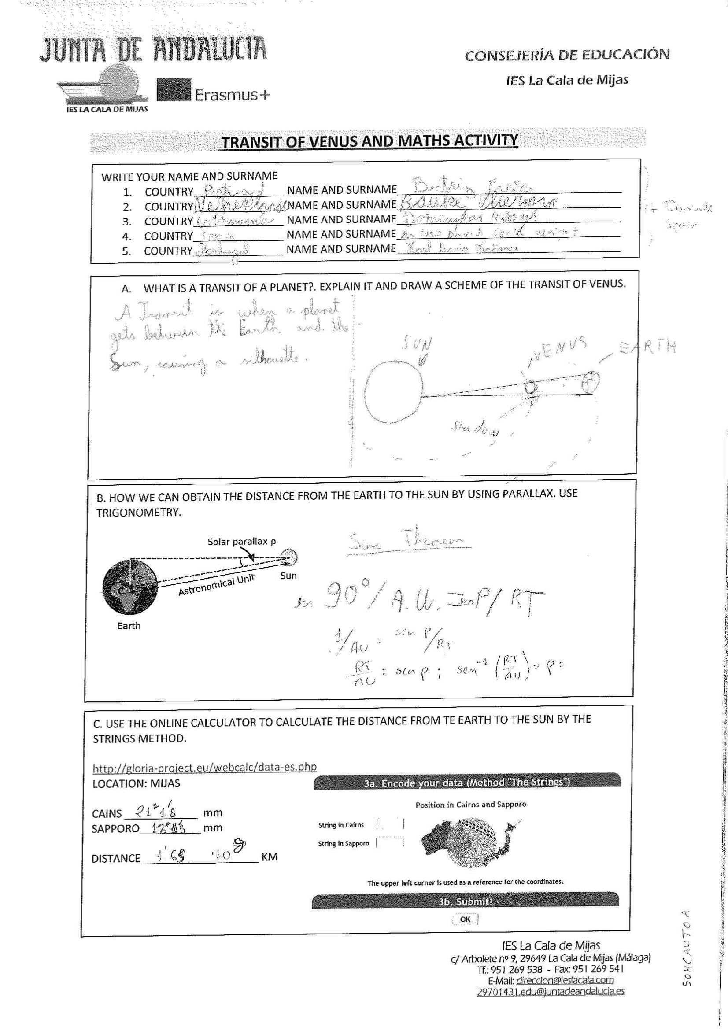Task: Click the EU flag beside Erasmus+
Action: click(174, 90)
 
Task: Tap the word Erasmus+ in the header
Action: click(233, 95)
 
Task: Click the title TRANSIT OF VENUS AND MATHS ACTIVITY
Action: click(370, 141)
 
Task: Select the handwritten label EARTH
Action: click(647, 347)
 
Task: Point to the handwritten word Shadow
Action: click(474, 428)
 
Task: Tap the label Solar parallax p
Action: click(241, 542)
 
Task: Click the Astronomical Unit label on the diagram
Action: click(217, 585)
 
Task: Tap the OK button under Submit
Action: click(465, 919)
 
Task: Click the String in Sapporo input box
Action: click(390, 842)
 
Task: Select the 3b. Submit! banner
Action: click(465, 901)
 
